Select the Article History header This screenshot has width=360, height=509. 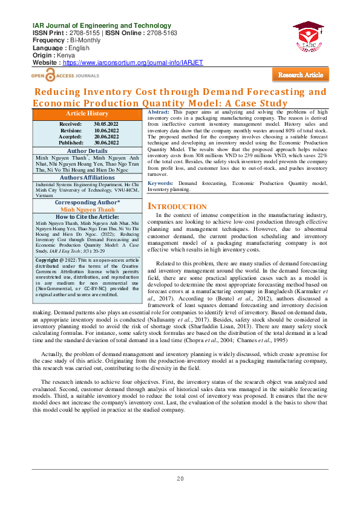[x=88, y=114]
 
